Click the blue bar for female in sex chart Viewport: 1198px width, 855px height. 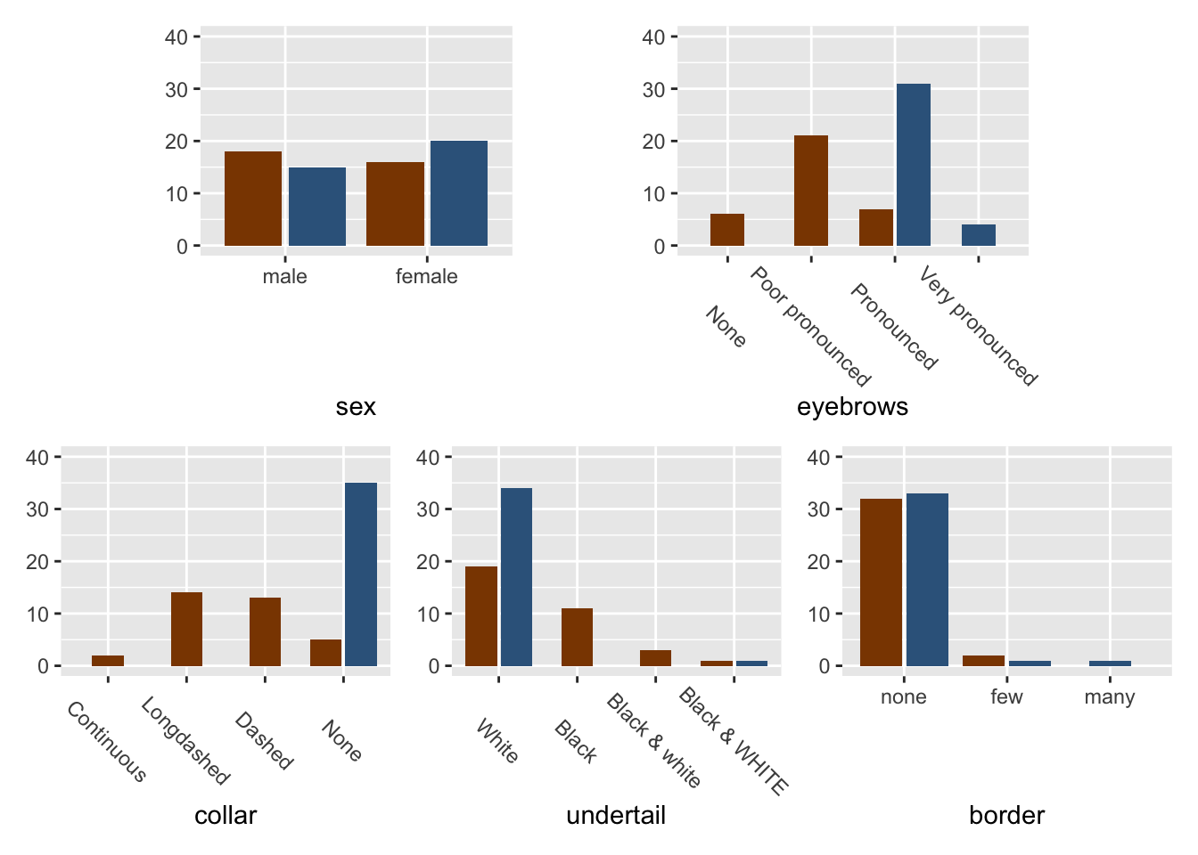click(x=459, y=193)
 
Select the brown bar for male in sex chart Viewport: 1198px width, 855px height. click(x=253, y=199)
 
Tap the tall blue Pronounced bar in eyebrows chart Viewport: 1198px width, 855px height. click(x=914, y=165)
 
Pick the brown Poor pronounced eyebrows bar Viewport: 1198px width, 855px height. click(x=811, y=191)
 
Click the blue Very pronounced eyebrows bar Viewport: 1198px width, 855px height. click(x=979, y=235)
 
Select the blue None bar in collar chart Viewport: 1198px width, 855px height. click(x=361, y=574)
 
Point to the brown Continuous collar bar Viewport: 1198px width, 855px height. click(x=108, y=661)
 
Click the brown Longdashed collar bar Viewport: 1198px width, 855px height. click(x=186, y=629)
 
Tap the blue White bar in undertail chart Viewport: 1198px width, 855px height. click(x=516, y=577)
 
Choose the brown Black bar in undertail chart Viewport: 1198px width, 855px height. click(x=577, y=637)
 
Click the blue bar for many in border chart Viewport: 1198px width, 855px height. click(x=1110, y=664)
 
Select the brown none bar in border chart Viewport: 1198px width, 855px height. click(x=881, y=582)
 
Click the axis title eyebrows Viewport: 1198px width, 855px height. click(x=852, y=407)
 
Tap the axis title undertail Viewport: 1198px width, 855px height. click(x=616, y=815)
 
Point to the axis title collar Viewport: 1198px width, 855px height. click(x=226, y=815)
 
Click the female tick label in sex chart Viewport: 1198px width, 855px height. click(x=426, y=277)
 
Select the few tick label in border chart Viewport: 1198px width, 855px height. click(x=1006, y=697)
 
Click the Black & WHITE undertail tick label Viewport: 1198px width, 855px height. click(x=734, y=741)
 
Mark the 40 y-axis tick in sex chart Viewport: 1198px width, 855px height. click(x=176, y=37)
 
